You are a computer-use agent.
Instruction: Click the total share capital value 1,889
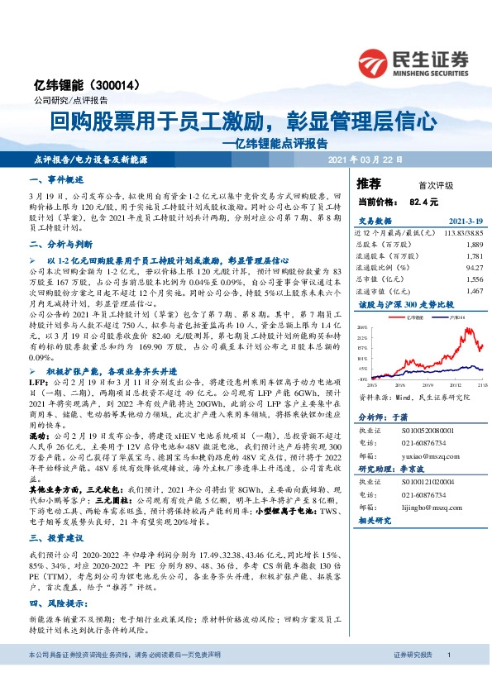(474, 246)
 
